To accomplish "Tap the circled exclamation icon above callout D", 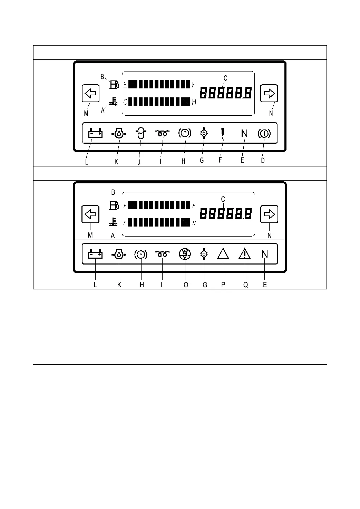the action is pyautogui.click(x=264, y=134).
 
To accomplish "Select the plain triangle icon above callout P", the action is pyautogui.click(x=223, y=254).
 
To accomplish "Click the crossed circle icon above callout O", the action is pyautogui.click(x=185, y=254).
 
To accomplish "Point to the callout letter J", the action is pyautogui.click(x=139, y=161).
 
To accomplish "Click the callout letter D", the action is pyautogui.click(x=263, y=161).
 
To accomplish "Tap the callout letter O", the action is pyautogui.click(x=186, y=285).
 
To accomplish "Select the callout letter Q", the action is pyautogui.click(x=246, y=285).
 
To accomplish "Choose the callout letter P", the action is pyautogui.click(x=223, y=285).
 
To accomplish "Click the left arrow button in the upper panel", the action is pyautogui.click(x=91, y=93).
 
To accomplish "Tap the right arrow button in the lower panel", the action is pyautogui.click(x=269, y=214).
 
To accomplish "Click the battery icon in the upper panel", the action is pyautogui.click(x=95, y=133).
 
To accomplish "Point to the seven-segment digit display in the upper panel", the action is pyautogui.click(x=226, y=93).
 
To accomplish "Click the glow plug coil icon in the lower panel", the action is pyautogui.click(x=162, y=254).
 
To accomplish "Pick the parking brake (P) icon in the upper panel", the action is pyautogui.click(x=184, y=133).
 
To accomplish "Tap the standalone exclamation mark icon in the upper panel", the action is pyautogui.click(x=223, y=133).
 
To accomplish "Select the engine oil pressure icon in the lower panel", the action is pyautogui.click(x=119, y=254).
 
